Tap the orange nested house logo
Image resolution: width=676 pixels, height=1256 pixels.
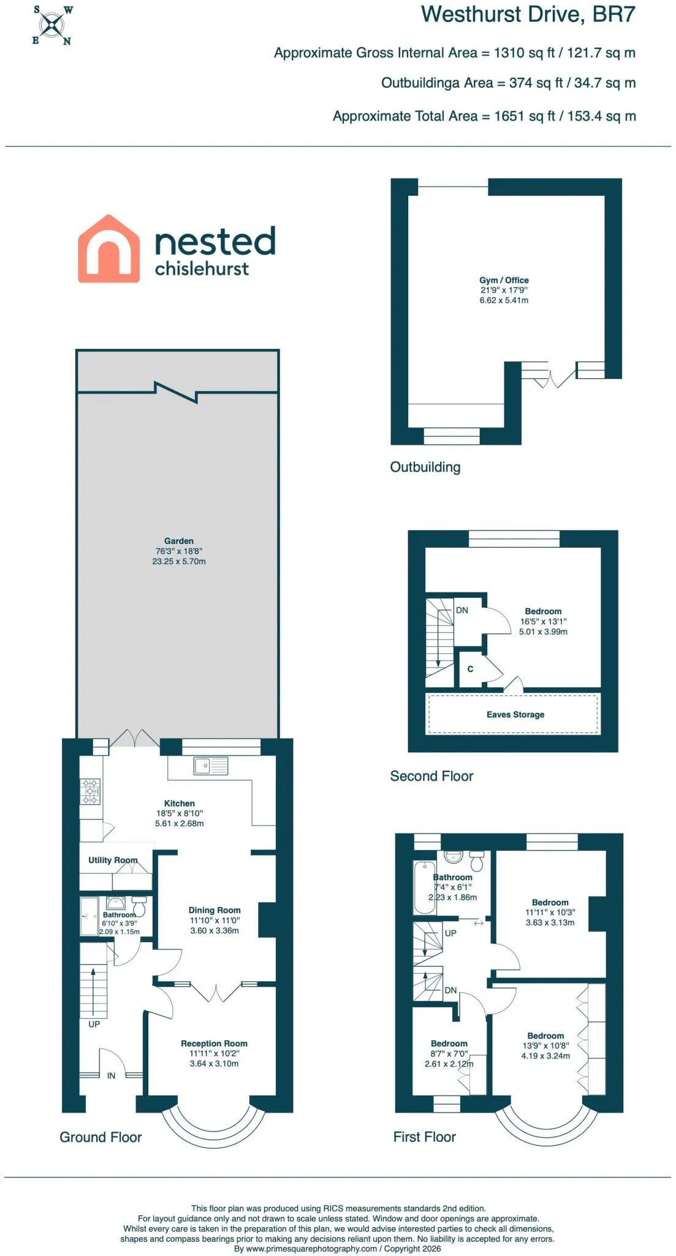[108, 249]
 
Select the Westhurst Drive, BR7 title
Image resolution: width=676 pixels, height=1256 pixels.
[528, 14]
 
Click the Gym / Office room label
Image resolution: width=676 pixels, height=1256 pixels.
[504, 280]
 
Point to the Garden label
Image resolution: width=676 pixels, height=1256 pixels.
[179, 541]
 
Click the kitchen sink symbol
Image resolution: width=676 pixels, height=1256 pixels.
[211, 766]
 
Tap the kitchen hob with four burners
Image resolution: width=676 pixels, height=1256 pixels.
[91, 792]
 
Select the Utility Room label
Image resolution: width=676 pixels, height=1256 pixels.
[113, 860]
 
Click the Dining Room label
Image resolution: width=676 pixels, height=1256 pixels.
[215, 910]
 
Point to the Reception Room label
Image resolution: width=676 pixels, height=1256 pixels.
[214, 1043]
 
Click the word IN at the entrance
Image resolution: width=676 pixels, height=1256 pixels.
[111, 1076]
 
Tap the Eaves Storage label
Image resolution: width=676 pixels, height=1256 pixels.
[515, 714]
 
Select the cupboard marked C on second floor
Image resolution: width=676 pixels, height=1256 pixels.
[471, 669]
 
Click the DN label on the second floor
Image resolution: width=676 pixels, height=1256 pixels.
[462, 610]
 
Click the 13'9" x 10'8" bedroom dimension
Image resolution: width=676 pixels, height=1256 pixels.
[545, 1046]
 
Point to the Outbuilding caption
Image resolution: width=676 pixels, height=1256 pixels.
[425, 467]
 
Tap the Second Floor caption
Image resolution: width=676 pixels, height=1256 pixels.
[431, 776]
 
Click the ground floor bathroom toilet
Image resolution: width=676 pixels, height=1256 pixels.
[140, 905]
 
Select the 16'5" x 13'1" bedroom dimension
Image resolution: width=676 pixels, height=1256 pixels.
[544, 621]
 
